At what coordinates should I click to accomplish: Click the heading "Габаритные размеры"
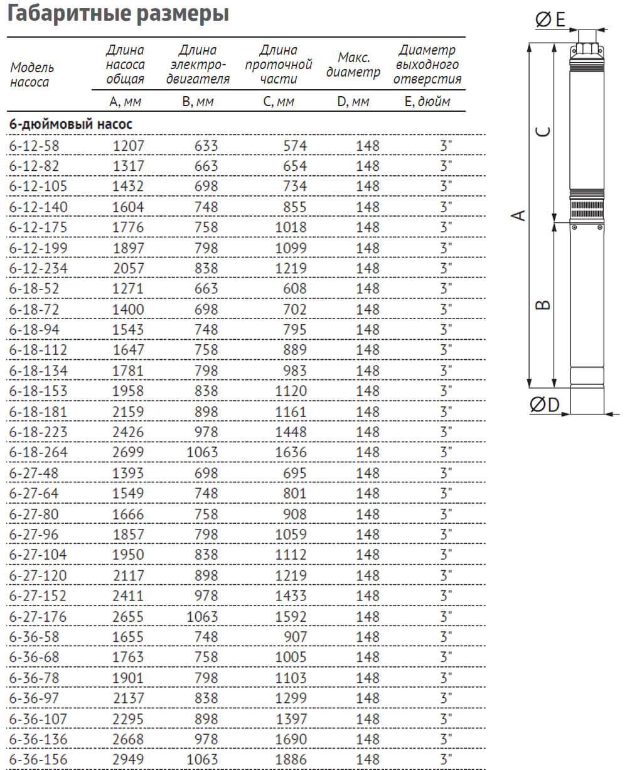pyautogui.click(x=117, y=13)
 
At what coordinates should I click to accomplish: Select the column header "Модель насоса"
pyautogui.click(x=32, y=75)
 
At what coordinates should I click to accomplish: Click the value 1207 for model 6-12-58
pyautogui.click(x=128, y=146)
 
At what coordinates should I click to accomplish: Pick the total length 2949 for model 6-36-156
pyautogui.click(x=128, y=759)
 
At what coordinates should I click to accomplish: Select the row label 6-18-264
pyautogui.click(x=38, y=452)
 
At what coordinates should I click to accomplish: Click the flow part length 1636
pyautogui.click(x=291, y=452)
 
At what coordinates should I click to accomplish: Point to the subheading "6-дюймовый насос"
pyautogui.click(x=71, y=124)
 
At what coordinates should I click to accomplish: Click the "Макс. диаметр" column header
pyautogui.click(x=353, y=65)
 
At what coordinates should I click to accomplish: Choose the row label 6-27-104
pyautogui.click(x=38, y=555)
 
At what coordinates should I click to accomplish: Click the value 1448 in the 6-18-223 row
pyautogui.click(x=291, y=432)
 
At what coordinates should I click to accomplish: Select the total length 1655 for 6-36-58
pyautogui.click(x=128, y=637)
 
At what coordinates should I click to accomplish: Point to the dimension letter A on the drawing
pyautogui.click(x=519, y=215)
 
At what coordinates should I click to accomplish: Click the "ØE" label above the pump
pyautogui.click(x=550, y=20)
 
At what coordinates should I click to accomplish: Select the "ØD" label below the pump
pyautogui.click(x=545, y=405)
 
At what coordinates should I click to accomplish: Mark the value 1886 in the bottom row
pyautogui.click(x=291, y=759)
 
